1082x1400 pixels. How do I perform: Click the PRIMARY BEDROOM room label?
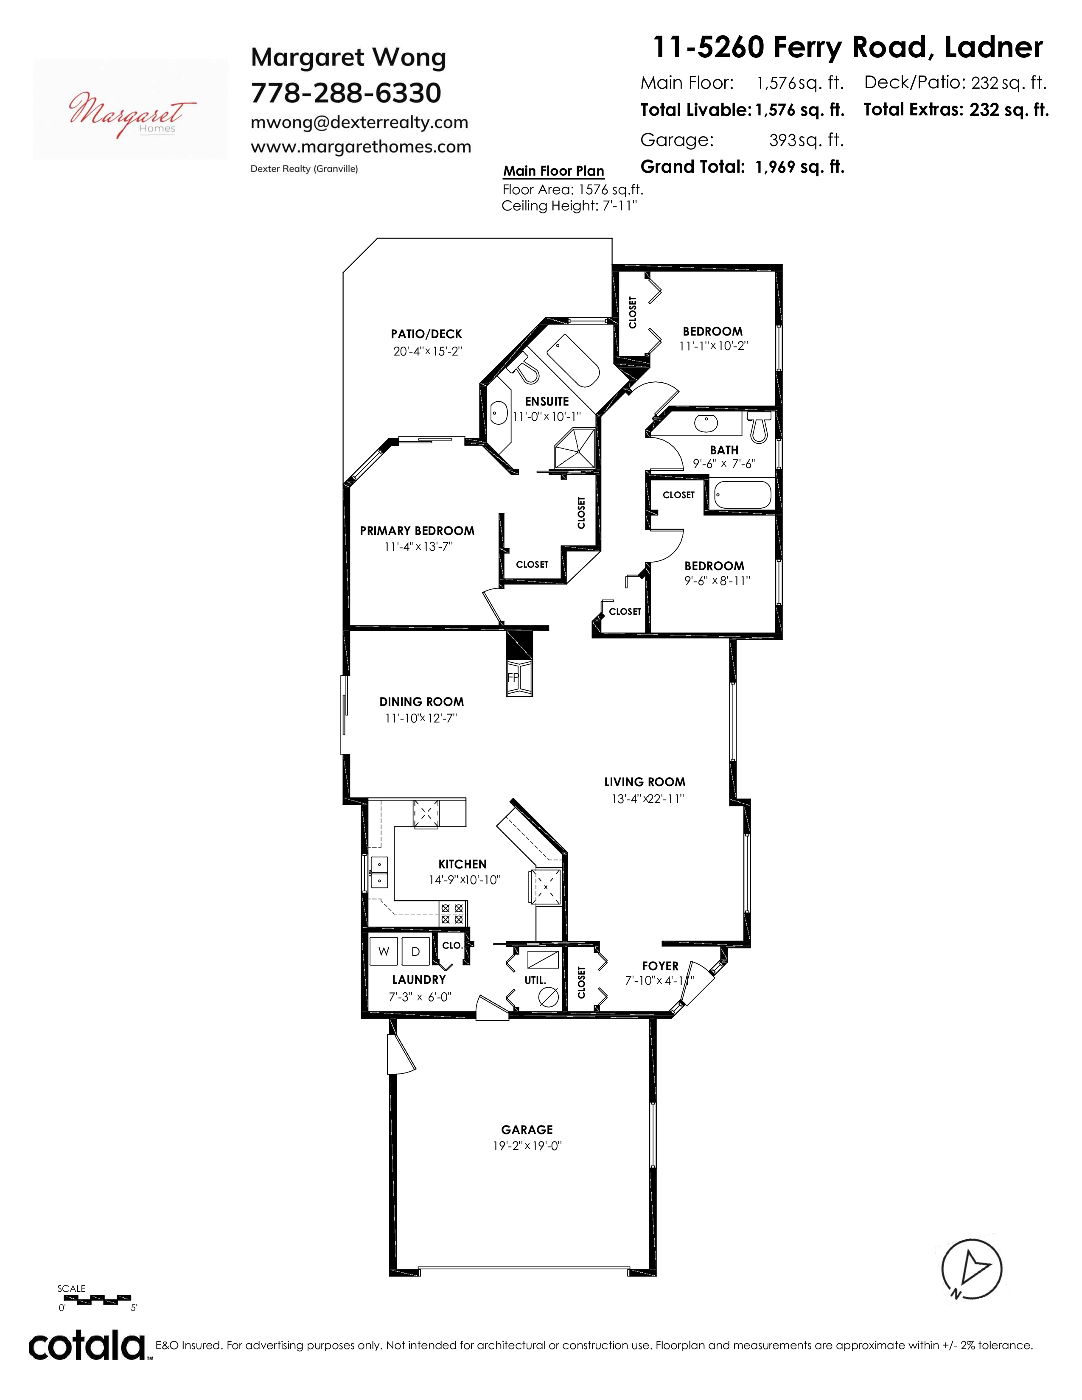417,531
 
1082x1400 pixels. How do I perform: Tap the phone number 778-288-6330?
346,93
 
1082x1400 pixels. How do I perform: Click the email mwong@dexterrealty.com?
359,123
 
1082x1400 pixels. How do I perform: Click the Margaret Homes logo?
130,109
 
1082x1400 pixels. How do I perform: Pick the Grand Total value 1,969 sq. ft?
800,167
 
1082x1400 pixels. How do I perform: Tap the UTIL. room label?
535,980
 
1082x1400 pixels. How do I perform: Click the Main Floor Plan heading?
554,171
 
